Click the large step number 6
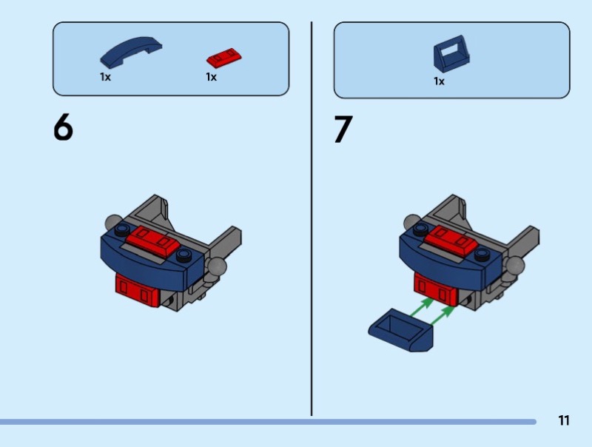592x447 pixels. tap(64, 129)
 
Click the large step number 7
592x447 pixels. tap(343, 130)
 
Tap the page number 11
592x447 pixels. tap(564, 421)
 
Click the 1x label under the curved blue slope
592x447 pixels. tap(105, 77)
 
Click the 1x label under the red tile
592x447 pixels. tap(211, 77)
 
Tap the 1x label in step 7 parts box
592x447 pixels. tap(439, 81)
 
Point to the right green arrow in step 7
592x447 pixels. tap(443, 316)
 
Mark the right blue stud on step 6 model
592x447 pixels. tap(184, 255)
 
